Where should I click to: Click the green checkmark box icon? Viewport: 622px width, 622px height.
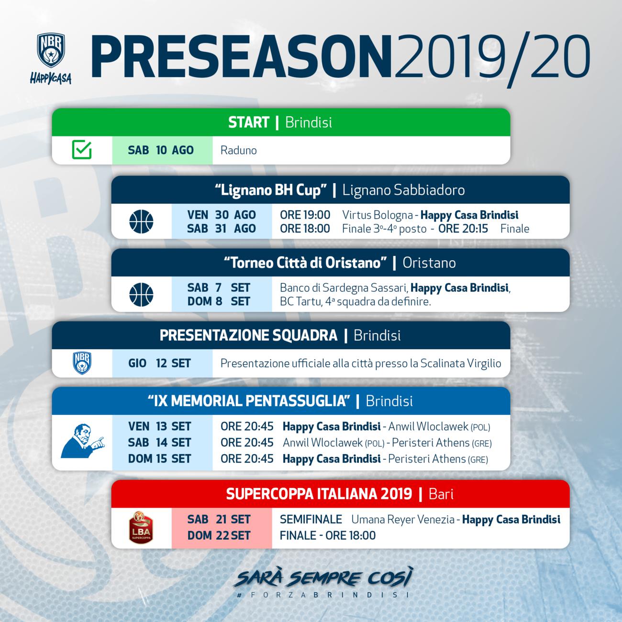82,150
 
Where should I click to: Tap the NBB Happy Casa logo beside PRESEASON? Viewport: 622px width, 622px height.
51,59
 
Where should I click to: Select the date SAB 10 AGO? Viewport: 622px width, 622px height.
161,150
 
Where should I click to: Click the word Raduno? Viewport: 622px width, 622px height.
239,150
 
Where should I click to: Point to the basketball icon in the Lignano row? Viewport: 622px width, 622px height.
141,222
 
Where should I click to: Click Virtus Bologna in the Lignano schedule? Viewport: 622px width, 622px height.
378,215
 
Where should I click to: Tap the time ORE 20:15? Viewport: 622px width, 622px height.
463,229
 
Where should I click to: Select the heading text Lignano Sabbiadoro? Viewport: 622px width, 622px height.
403,190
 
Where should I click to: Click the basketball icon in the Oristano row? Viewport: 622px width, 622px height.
141,294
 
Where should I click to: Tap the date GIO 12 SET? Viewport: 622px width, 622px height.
159,364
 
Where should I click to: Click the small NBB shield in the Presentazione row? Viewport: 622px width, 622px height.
82,363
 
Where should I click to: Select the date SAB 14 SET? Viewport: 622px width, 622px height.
159,443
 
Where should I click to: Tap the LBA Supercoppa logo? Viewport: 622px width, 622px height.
141,527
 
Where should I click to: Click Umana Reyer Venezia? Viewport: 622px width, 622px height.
403,519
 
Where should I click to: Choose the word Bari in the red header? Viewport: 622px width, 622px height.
441,494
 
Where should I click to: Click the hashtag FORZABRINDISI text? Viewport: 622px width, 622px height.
323,595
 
